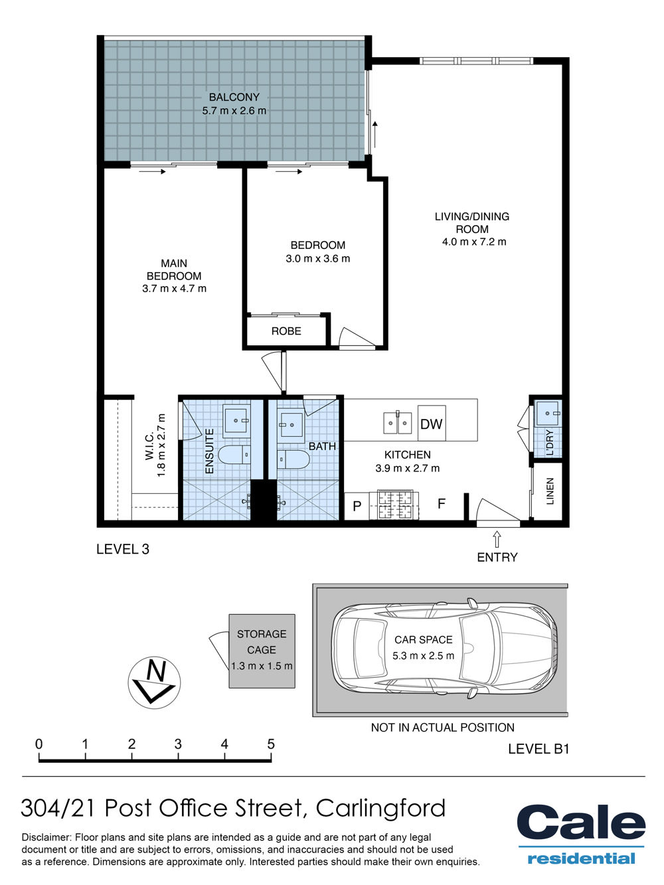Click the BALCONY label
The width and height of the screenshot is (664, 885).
pyautogui.click(x=234, y=97)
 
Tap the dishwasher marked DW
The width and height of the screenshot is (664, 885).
pyautogui.click(x=432, y=424)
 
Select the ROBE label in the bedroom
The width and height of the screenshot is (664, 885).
pyautogui.click(x=286, y=331)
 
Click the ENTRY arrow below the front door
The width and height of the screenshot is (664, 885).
pyautogui.click(x=497, y=539)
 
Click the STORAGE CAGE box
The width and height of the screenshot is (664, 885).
pyautogui.click(x=262, y=651)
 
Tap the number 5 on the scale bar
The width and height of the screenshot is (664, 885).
pyautogui.click(x=270, y=744)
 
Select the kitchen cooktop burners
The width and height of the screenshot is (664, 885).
pyautogui.click(x=394, y=505)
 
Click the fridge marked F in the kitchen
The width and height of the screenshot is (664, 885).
pyautogui.click(x=442, y=504)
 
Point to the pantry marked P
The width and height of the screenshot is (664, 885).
pyautogui.click(x=357, y=506)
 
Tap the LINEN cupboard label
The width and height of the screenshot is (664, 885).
pyautogui.click(x=550, y=491)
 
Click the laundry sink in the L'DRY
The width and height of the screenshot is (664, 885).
pyautogui.click(x=548, y=413)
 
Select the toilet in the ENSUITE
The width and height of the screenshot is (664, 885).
pyautogui.click(x=234, y=455)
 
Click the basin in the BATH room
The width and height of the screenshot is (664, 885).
pyautogui.click(x=291, y=424)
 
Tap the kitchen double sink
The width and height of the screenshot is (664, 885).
pyautogui.click(x=398, y=422)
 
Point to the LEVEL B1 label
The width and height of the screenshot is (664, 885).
pyautogui.click(x=539, y=749)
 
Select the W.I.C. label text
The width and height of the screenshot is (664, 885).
pyautogui.click(x=149, y=445)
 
